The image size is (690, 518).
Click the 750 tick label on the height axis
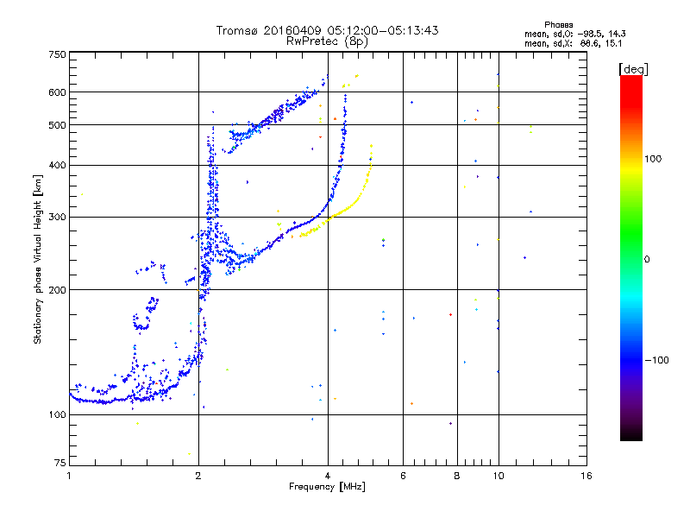tap(57, 54)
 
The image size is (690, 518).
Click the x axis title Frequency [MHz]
tap(328, 487)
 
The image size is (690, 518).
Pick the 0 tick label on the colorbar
tap(647, 259)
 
